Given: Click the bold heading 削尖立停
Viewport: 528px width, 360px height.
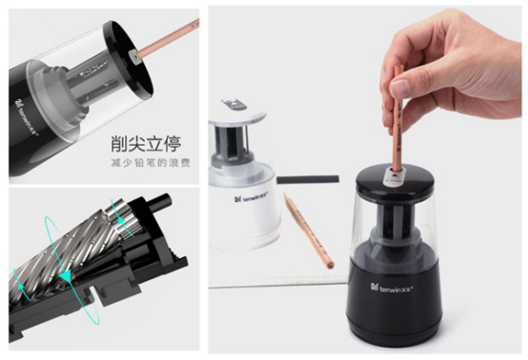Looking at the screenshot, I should click(145, 144).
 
